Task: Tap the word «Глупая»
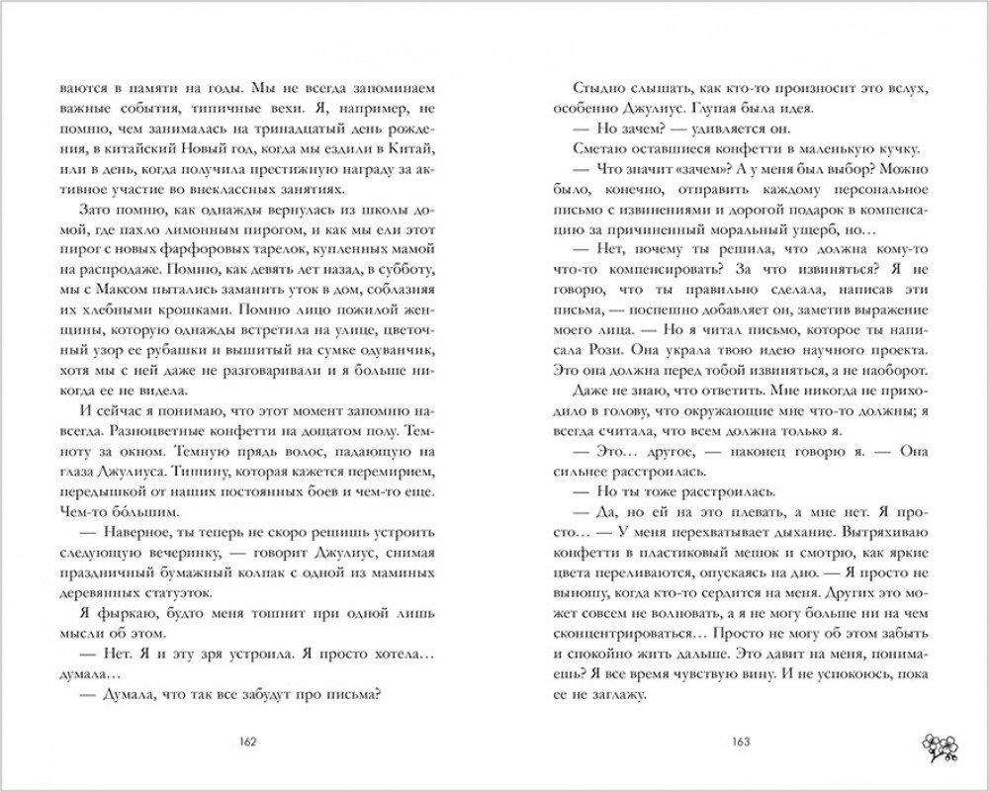(x=712, y=107)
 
